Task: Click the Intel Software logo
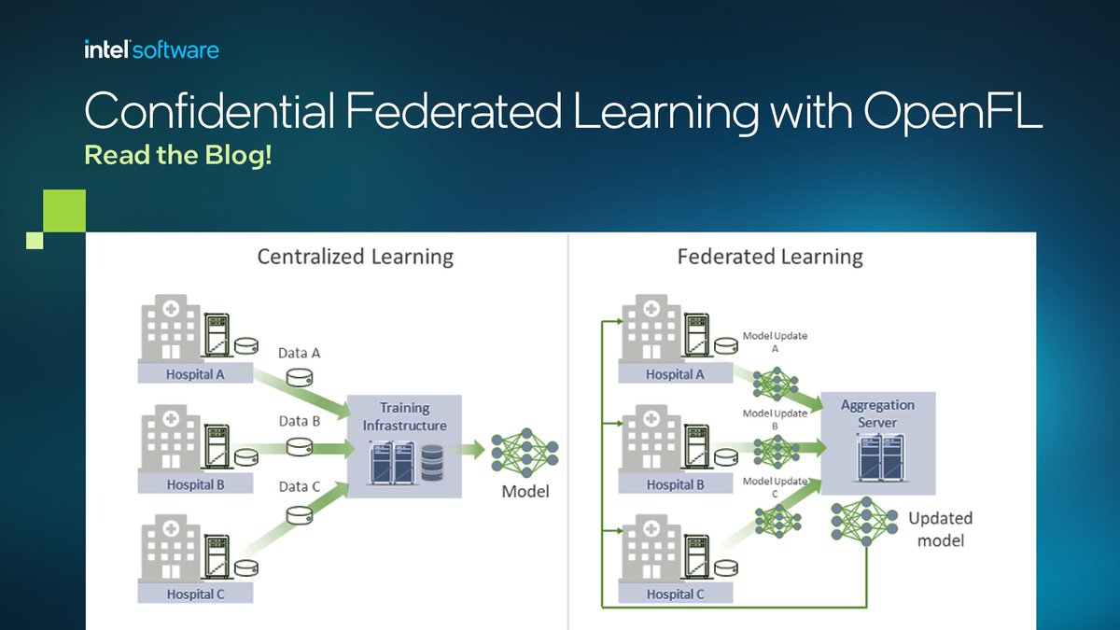click(x=151, y=49)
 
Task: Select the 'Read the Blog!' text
click(x=178, y=155)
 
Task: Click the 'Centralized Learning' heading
click(x=355, y=257)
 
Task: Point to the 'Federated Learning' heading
click(x=770, y=257)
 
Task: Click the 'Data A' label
click(x=300, y=353)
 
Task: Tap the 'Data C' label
click(x=300, y=486)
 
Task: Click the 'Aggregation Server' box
click(x=877, y=443)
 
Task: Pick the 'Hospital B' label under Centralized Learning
click(x=195, y=484)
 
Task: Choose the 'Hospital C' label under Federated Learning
click(x=676, y=594)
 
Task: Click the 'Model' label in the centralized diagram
click(x=525, y=491)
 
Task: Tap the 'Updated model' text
click(x=940, y=529)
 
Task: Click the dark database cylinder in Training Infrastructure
click(x=432, y=462)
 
